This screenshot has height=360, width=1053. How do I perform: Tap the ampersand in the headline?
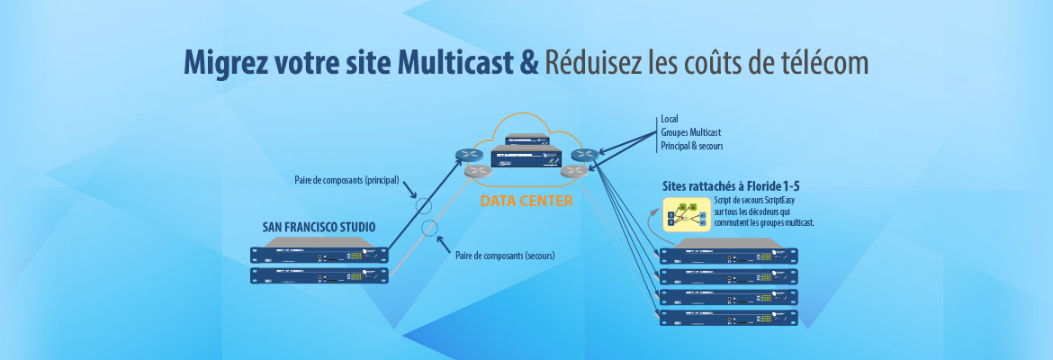530,62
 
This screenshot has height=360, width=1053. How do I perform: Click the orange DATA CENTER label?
526,200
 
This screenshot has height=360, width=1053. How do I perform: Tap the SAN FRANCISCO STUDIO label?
319,227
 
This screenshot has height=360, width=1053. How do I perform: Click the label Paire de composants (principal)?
346,180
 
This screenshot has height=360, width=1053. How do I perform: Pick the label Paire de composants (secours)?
505,256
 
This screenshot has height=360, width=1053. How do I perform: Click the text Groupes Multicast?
690,132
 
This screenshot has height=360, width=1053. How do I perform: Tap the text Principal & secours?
691,146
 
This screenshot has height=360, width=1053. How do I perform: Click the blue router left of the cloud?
468,155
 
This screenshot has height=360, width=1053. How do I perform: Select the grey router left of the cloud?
477,170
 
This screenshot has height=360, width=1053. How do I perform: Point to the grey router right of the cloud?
573,170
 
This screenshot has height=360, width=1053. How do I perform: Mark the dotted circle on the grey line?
430,226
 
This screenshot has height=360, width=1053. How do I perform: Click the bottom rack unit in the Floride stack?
728,317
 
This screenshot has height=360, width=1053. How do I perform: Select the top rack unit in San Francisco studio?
321,256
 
